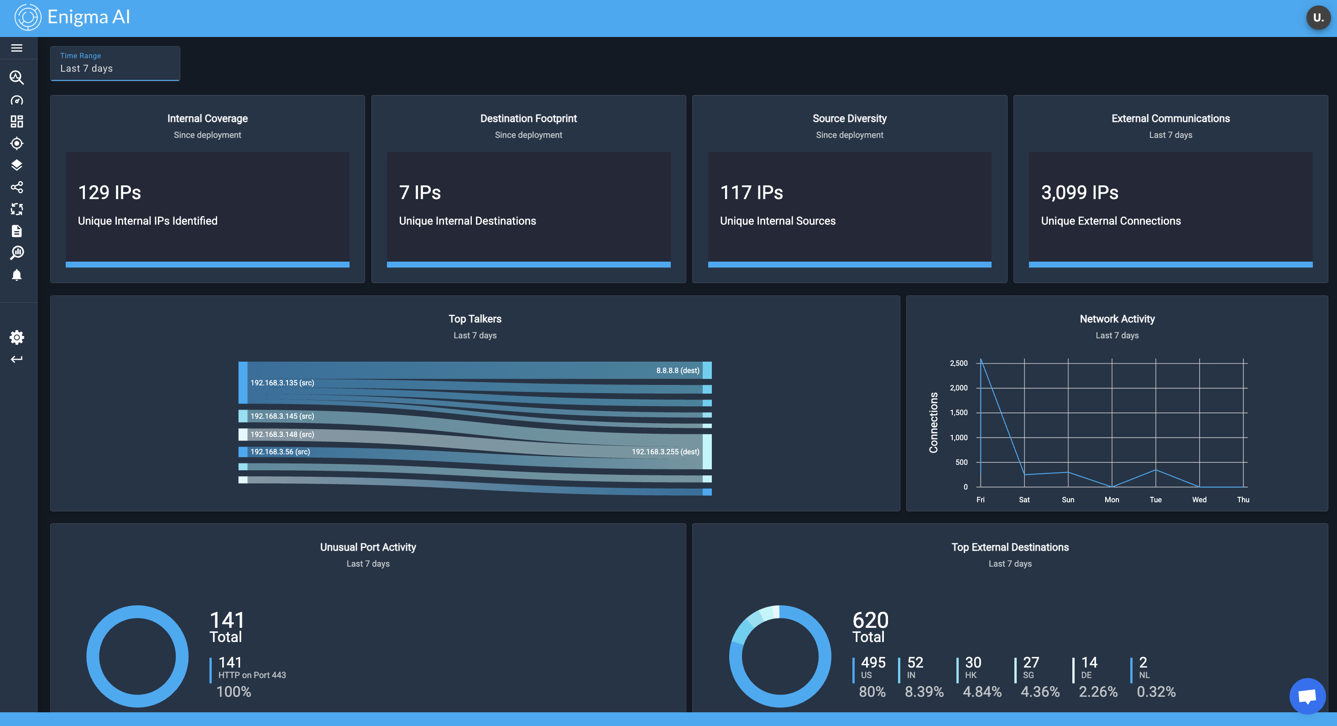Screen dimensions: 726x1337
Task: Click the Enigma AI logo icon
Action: pyautogui.click(x=27, y=18)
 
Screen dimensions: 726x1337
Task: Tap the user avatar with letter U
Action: pyautogui.click(x=1317, y=18)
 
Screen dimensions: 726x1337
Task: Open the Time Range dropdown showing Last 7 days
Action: pyautogui.click(x=115, y=63)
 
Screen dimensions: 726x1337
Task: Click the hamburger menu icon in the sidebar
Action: pyautogui.click(x=16, y=48)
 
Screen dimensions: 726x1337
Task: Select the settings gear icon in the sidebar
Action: pyautogui.click(x=16, y=337)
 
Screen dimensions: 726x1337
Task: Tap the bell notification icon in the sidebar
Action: pyautogui.click(x=16, y=275)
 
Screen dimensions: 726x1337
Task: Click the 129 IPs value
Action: pyautogui.click(x=110, y=193)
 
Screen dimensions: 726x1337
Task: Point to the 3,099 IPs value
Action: pyautogui.click(x=1079, y=193)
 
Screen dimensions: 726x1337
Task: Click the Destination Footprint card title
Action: pyautogui.click(x=528, y=118)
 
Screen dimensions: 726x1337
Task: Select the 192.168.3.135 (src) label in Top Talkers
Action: pyautogui.click(x=282, y=383)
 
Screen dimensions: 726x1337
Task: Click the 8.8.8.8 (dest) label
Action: pyautogui.click(x=677, y=370)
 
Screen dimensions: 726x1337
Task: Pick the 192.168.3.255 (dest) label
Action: pyautogui.click(x=665, y=452)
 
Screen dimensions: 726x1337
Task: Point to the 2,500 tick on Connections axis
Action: pyautogui.click(x=958, y=363)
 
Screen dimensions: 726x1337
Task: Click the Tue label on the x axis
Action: pyautogui.click(x=1155, y=500)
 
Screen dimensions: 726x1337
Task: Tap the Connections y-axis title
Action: pyautogui.click(x=933, y=422)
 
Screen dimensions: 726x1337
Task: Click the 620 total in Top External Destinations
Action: pyautogui.click(x=870, y=620)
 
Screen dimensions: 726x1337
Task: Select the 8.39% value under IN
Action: pyautogui.click(x=924, y=692)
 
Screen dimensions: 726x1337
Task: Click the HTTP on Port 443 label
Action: pyautogui.click(x=252, y=675)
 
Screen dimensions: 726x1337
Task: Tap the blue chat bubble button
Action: pyautogui.click(x=1306, y=696)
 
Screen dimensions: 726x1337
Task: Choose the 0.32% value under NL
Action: pyautogui.click(x=1156, y=692)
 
